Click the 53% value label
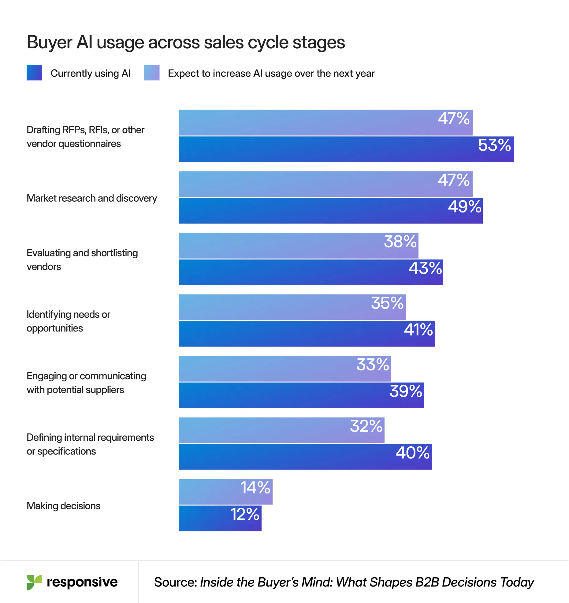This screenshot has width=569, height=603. [x=494, y=145]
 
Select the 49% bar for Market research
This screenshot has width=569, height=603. [x=330, y=211]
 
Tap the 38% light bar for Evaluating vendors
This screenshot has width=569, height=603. [x=298, y=245]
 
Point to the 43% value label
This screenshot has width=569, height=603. [x=425, y=268]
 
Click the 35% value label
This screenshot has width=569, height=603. [x=387, y=303]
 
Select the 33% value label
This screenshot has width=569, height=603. [x=373, y=365]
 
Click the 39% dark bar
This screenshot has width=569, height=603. [x=301, y=395]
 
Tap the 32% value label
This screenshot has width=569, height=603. [x=366, y=426]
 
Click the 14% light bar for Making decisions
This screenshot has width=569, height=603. [x=225, y=492]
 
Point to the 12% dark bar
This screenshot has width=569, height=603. [x=220, y=519]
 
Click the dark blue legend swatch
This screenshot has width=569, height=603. [x=34, y=73]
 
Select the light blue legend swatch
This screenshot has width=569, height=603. [x=152, y=73]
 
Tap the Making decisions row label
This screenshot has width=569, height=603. [x=64, y=506]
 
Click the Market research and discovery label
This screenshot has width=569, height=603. [x=92, y=198]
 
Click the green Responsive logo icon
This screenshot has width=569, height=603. [x=34, y=582]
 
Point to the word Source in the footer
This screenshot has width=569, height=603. [x=175, y=582]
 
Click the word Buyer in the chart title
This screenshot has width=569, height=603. [x=50, y=42]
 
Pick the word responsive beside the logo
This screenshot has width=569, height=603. [x=82, y=582]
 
